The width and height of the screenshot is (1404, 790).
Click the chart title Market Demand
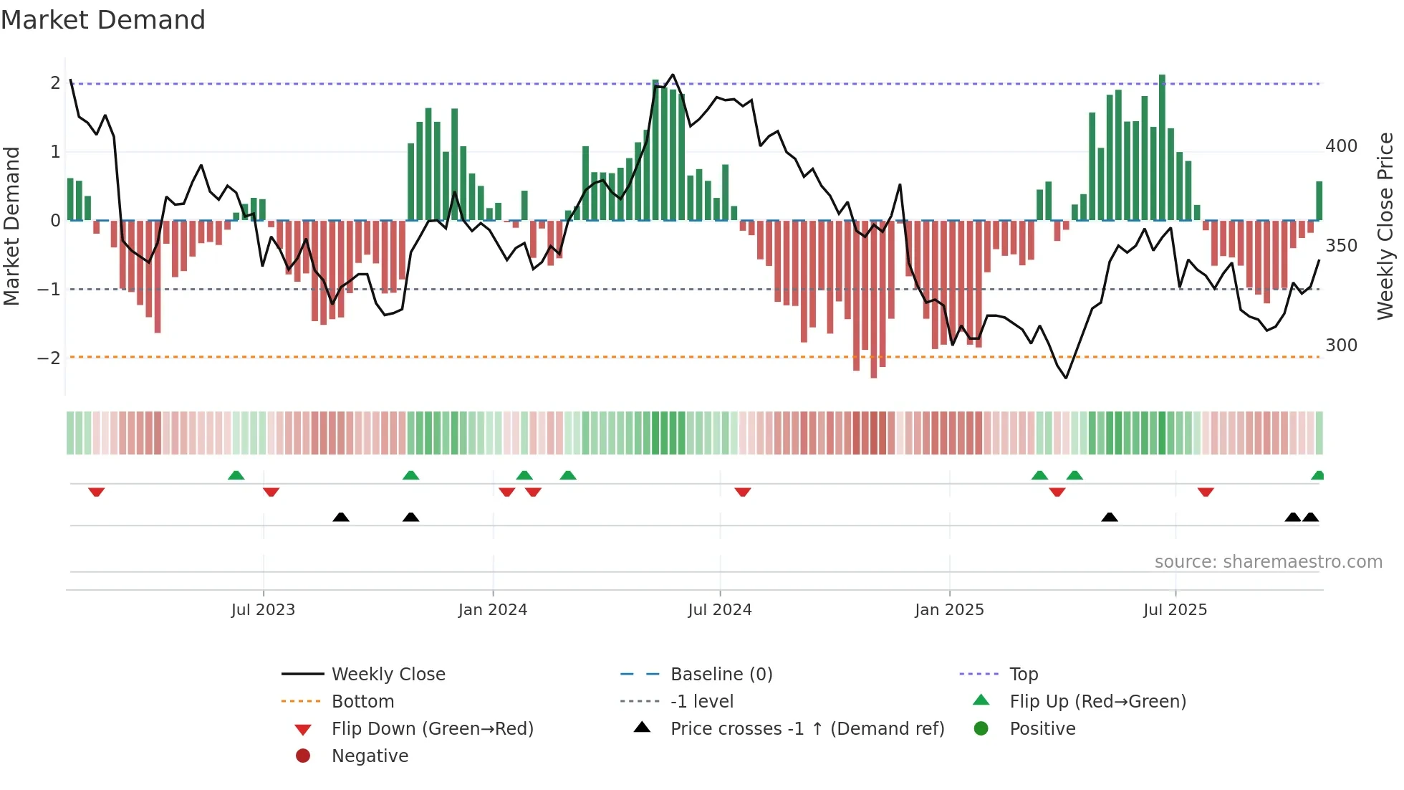pos(103,20)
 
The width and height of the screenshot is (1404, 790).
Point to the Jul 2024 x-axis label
pos(719,610)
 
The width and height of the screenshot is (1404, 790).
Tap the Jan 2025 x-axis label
pos(949,610)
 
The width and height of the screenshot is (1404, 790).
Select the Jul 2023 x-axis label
pos(263,610)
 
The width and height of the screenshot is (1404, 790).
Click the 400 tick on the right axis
pos(1341,146)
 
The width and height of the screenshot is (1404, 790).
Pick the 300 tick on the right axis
pos(1341,346)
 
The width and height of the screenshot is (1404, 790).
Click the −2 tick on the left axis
pos(49,358)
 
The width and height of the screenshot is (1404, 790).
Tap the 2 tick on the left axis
pos(55,83)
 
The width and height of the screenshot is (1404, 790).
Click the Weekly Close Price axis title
pos(1385,226)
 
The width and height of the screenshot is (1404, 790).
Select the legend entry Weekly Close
pos(388,675)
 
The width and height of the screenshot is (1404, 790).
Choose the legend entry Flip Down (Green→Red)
pos(432,729)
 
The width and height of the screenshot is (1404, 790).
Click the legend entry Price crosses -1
pos(807,729)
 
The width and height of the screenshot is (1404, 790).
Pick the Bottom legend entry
pos(362,702)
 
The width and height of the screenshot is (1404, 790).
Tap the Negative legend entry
pos(370,756)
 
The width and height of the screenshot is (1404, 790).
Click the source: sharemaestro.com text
pos(1268,562)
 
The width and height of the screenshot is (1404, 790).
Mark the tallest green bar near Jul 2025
pos(1162,147)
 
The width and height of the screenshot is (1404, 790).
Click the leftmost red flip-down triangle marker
pos(97,492)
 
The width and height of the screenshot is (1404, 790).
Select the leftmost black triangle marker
pos(341,517)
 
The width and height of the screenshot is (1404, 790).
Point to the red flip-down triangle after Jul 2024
pos(743,492)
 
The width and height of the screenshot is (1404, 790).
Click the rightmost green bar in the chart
pos(1319,201)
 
